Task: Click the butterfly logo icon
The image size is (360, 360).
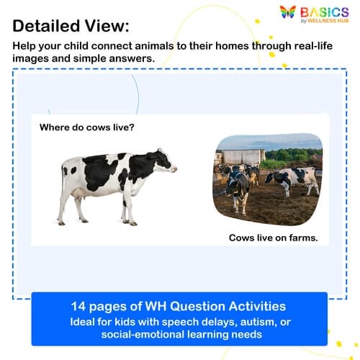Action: pos(288,13)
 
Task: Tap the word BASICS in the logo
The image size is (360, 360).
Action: pos(325,11)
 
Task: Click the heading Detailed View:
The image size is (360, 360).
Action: pos(71,26)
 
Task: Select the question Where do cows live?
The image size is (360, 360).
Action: pos(87,127)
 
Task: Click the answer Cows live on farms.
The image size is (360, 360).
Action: pos(273,237)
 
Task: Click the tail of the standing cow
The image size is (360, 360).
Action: pos(62,184)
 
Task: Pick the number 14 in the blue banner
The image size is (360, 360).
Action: pos(79,305)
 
